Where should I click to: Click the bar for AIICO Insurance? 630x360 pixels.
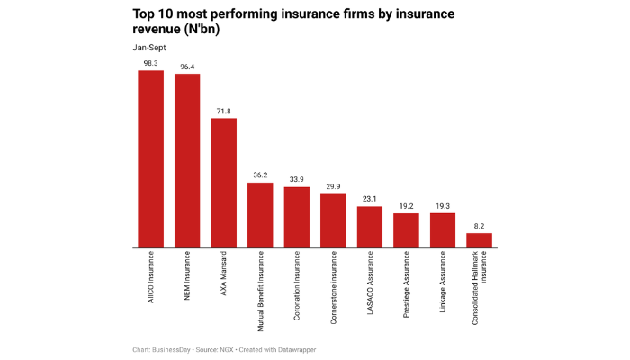click(150, 159)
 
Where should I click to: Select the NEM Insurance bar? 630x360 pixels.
click(187, 161)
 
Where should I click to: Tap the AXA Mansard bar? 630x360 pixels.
click(223, 183)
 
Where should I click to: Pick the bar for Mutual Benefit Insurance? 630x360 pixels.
click(260, 215)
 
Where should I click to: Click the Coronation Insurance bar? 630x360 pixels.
click(296, 217)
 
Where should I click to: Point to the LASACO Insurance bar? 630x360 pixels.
click(370, 227)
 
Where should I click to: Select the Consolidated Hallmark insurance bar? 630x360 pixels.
click(479, 240)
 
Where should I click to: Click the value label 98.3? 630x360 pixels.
click(150, 63)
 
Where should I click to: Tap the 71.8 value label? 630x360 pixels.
click(223, 111)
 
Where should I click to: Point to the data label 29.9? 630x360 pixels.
click(333, 186)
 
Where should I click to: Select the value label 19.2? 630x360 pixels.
click(406, 206)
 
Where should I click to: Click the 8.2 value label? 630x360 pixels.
click(479, 226)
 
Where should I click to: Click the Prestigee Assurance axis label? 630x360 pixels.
click(406, 282)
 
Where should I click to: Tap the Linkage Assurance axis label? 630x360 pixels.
click(443, 280)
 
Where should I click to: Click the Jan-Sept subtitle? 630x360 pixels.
click(149, 46)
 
